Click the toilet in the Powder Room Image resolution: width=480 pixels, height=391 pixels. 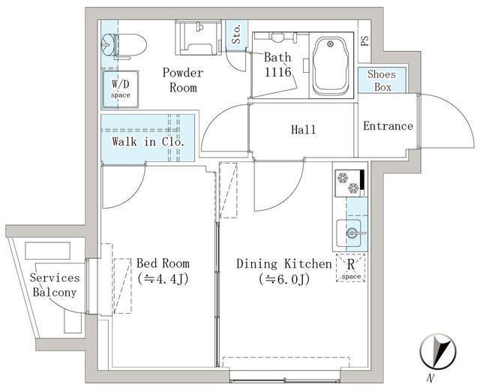pyautogui.click(x=124, y=47)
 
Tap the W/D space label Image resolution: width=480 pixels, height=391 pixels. pyautogui.click(x=120, y=89)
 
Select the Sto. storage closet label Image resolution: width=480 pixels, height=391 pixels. pyautogui.click(x=236, y=34)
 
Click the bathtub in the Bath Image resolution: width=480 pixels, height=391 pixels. pyautogui.click(x=331, y=66)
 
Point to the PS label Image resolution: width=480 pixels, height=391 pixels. pyautogui.click(x=364, y=41)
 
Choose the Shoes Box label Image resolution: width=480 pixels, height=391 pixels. pyautogui.click(x=382, y=80)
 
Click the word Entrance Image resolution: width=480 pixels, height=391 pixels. pyautogui.click(x=388, y=126)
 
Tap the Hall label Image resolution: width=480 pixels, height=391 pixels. pyautogui.click(x=303, y=130)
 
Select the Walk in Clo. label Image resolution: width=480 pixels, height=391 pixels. pyautogui.click(x=148, y=142)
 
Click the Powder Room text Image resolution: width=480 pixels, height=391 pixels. pyautogui.click(x=183, y=80)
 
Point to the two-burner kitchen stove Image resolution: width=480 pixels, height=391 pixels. pyautogui.click(x=349, y=183)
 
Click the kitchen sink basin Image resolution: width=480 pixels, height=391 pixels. pyautogui.click(x=349, y=233)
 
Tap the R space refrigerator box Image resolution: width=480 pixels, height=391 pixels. pyautogui.click(x=351, y=268)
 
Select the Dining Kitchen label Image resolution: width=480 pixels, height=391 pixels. pyautogui.click(x=284, y=264)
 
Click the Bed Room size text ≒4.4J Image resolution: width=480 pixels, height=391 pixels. pyautogui.click(x=163, y=279)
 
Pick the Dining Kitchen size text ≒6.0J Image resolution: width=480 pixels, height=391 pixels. pyautogui.click(x=284, y=279)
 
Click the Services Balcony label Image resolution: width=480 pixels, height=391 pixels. pyautogui.click(x=55, y=285)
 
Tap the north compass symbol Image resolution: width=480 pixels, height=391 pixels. pyautogui.click(x=438, y=351)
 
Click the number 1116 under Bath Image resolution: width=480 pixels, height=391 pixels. pyautogui.click(x=277, y=72)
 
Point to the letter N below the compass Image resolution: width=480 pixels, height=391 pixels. pyautogui.click(x=430, y=378)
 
